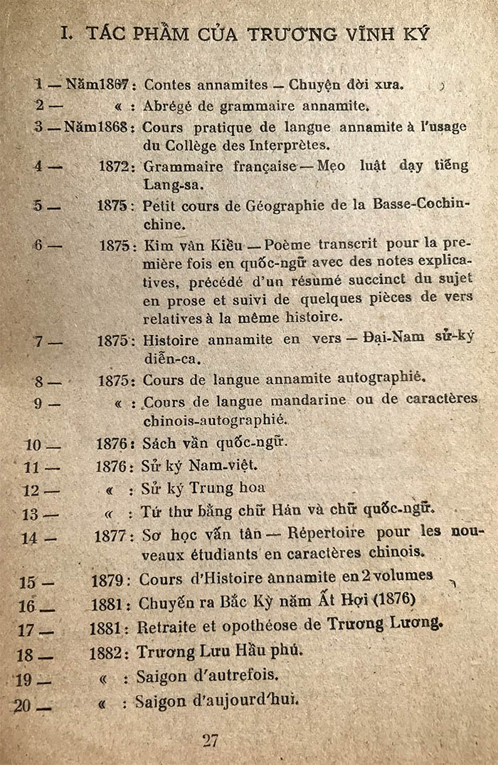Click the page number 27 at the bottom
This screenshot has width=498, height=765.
pyautogui.click(x=210, y=739)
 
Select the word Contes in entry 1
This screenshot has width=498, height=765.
pyautogui.click(x=166, y=84)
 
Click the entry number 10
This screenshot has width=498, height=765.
pyautogui.click(x=33, y=445)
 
